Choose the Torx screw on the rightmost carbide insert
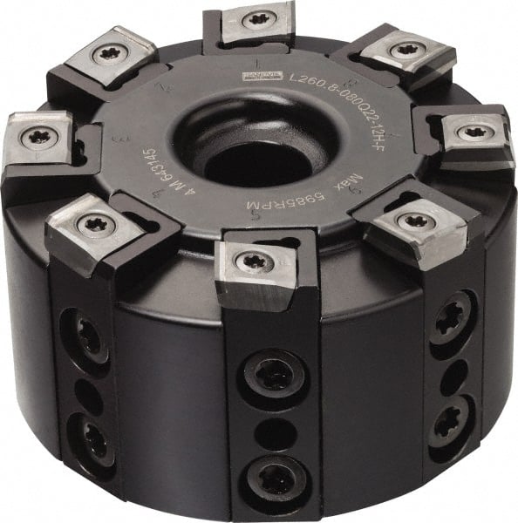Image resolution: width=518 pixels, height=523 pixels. point(473,133)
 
